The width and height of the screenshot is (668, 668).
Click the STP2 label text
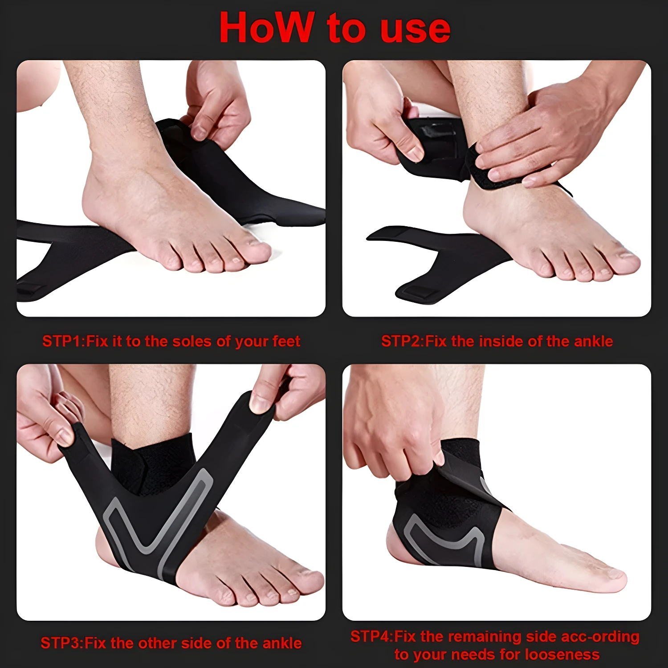click(x=401, y=342)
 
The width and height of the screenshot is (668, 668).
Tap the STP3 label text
click(x=60, y=643)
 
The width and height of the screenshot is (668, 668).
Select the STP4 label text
click(x=370, y=636)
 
